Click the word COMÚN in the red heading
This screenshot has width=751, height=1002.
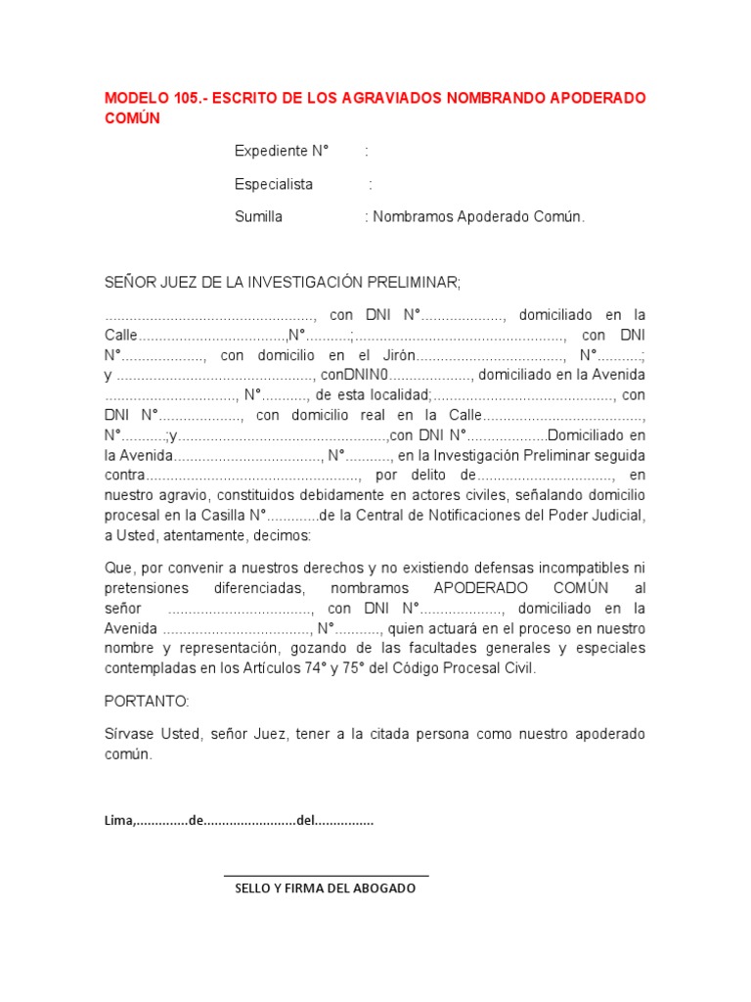pos(132,118)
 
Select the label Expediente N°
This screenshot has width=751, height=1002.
pos(282,152)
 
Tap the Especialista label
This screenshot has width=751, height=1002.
pos(274,184)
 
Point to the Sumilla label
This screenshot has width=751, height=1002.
pos(258,216)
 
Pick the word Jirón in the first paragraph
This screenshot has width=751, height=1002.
pos(399,355)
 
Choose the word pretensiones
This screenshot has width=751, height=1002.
pos(144,588)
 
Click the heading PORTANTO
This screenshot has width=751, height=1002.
pos(147,702)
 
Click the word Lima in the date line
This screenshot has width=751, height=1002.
pos(118,821)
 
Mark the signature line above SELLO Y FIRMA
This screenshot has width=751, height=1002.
pos(326,875)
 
